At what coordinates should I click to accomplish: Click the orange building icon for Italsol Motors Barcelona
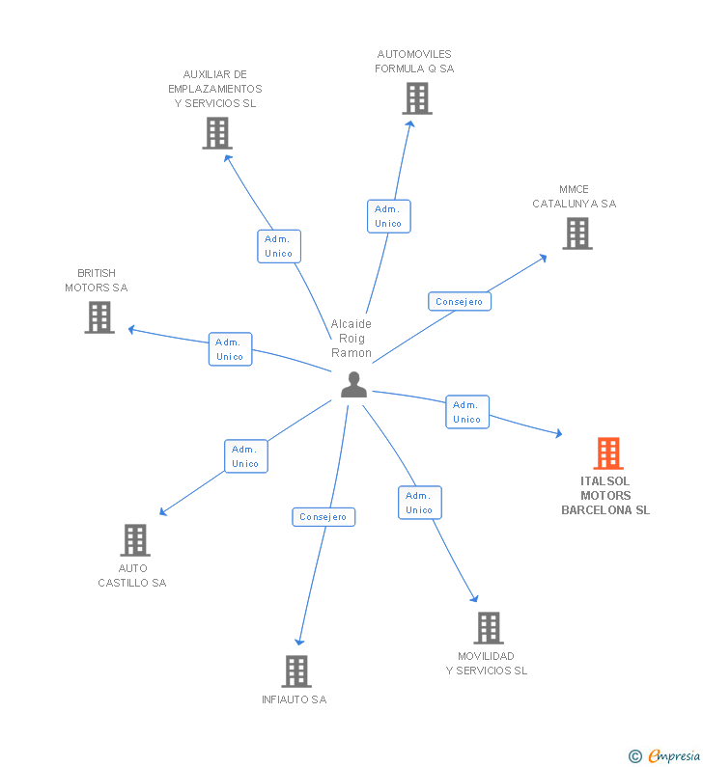607,452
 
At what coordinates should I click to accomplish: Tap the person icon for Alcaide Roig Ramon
354,385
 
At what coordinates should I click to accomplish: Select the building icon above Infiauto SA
296,671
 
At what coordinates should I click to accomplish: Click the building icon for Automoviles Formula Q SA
416,98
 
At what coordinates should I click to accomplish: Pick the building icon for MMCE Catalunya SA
576,233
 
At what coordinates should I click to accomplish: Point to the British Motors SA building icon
99,317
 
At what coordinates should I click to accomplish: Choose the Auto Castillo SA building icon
135,540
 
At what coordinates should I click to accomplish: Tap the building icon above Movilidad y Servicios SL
489,628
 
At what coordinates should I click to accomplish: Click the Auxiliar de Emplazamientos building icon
217,133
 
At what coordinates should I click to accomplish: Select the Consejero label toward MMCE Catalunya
460,302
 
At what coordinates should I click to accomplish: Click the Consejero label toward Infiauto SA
323,517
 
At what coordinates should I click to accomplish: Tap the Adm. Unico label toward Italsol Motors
466,412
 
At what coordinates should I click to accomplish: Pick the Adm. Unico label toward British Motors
230,349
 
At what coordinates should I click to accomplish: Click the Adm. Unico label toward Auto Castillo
245,456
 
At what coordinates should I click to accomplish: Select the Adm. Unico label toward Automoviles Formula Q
388,216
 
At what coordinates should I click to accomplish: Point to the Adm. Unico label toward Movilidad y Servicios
419,503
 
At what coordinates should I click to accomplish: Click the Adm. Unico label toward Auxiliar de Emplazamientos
279,246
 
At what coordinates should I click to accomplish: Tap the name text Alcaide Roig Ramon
351,339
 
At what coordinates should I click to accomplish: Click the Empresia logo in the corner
666,756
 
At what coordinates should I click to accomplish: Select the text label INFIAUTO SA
295,699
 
